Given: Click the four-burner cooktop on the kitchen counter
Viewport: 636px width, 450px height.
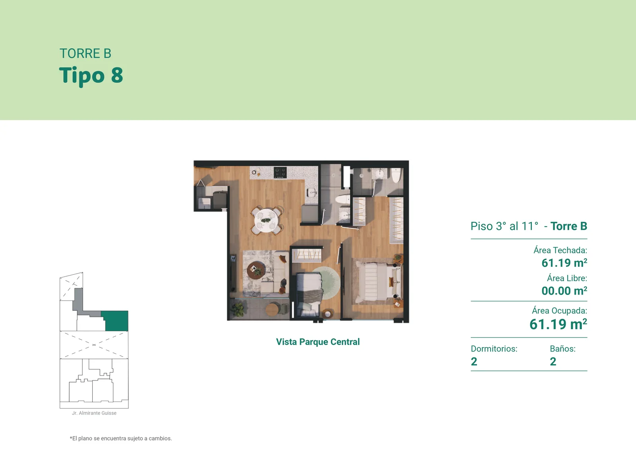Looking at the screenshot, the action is click(x=280, y=173).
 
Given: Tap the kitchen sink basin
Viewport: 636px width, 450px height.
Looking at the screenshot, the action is click(x=312, y=192).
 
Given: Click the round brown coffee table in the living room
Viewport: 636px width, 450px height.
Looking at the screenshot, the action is click(x=256, y=270).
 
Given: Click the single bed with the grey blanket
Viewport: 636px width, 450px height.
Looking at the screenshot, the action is click(x=308, y=294).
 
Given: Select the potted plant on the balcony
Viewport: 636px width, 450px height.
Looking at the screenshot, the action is click(x=238, y=309).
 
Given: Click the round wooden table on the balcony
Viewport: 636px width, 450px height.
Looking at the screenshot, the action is click(x=272, y=310).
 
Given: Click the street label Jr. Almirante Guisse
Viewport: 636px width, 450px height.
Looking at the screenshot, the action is click(x=94, y=413).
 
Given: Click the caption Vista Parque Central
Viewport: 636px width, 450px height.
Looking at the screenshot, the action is click(x=318, y=341).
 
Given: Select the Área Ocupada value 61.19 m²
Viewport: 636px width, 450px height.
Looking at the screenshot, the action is click(x=558, y=324).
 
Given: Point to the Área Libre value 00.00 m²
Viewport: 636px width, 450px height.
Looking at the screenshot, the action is click(x=564, y=291).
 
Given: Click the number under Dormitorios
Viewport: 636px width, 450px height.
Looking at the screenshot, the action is click(x=474, y=361).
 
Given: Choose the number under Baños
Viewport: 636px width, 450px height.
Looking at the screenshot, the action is click(x=553, y=361).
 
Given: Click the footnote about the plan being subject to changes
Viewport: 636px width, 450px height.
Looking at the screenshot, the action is click(x=121, y=438).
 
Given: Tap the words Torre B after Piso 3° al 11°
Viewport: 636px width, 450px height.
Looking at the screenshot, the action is click(x=569, y=226).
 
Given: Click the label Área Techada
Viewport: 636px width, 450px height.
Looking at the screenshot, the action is click(x=560, y=250).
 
